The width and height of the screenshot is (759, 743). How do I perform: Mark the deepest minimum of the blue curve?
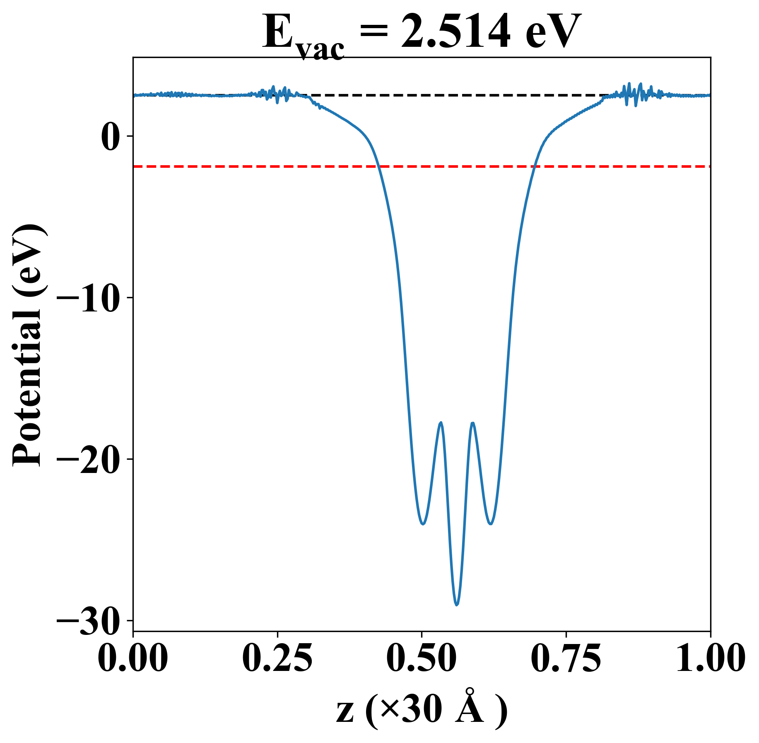tap(457, 605)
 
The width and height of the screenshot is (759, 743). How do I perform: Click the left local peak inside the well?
tap(441, 422)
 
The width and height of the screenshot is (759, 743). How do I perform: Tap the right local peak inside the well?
tap(472, 423)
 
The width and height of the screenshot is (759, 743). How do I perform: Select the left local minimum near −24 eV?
tap(423, 524)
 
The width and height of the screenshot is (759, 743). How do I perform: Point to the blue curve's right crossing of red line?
tap(535, 166)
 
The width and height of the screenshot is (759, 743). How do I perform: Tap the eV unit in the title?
tap(553, 32)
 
